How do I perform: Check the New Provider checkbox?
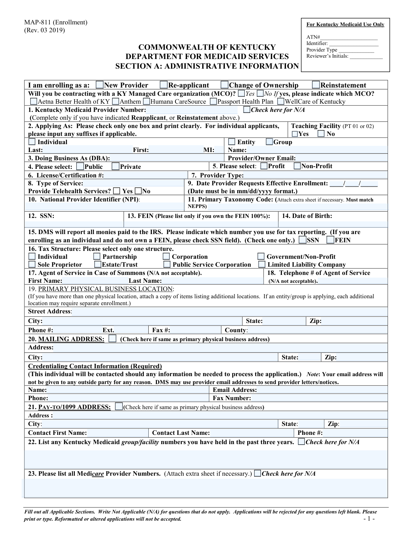pos(100,85)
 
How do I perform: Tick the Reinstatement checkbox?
pos(316,85)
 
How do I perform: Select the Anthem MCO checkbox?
pos(116,102)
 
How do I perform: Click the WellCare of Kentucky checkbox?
pos(281,102)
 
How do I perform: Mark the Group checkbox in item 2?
pos(270,142)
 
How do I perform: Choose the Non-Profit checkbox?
pos(297,166)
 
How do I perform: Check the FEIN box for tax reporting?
pos(330,240)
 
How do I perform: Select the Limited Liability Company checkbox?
pos(262,264)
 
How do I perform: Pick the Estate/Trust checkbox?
pos(98,264)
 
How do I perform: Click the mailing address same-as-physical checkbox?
pos(112,339)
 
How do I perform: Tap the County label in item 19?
pos(236,330)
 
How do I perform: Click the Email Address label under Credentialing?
pos(234,390)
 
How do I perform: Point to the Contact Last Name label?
pos(181,433)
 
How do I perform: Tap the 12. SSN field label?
pos(41,216)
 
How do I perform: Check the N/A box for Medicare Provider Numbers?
pos(257,474)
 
